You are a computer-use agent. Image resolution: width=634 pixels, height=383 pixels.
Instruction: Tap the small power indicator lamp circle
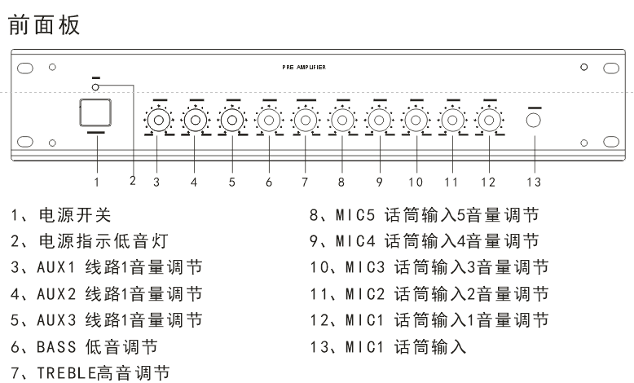pyautogui.click(x=95, y=86)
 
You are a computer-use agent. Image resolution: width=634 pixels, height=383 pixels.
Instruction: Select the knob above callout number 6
pyautogui.click(x=268, y=121)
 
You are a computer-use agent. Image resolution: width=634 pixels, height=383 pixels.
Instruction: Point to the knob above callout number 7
pyautogui.click(x=305, y=121)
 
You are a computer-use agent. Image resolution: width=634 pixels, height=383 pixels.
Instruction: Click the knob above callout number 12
pyautogui.click(x=487, y=121)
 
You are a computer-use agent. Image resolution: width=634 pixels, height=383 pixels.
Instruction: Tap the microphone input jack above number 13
pyautogui.click(x=534, y=121)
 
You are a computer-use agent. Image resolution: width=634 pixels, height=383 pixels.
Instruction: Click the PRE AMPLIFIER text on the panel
pyautogui.click(x=298, y=68)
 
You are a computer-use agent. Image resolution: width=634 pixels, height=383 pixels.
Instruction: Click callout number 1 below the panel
pyautogui.click(x=96, y=181)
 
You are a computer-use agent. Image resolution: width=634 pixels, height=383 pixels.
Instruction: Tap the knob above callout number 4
pyautogui.click(x=194, y=121)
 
